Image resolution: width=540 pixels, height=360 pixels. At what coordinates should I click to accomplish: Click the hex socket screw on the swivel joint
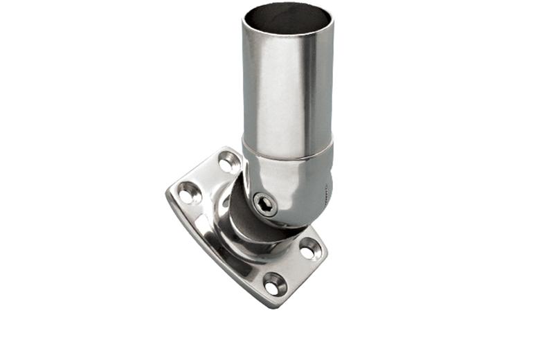(264, 203)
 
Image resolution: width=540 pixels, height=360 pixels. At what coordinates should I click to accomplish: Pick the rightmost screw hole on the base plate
(309, 248)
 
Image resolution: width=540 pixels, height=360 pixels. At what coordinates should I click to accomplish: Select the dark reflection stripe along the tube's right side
(320, 90)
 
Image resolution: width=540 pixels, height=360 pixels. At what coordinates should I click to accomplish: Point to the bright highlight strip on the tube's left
(258, 90)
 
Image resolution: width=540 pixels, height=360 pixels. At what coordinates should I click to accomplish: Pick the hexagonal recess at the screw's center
(264, 203)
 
